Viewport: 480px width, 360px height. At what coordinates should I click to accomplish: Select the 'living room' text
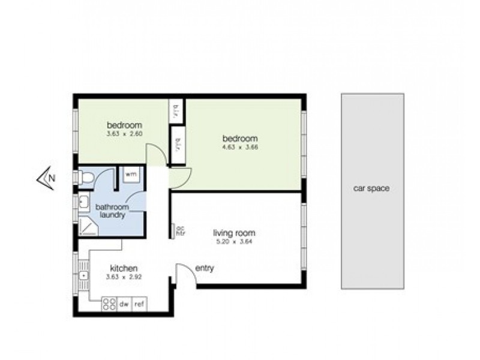235,233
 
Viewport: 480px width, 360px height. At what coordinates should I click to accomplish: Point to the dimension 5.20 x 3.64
235,241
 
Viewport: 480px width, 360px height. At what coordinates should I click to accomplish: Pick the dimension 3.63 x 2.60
124,134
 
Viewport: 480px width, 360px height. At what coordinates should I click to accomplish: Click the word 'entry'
205,268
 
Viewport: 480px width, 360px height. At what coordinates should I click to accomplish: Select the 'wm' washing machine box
131,174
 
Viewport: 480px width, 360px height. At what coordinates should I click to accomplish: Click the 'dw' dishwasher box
125,305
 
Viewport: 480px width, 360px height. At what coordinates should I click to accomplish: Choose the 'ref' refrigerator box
139,305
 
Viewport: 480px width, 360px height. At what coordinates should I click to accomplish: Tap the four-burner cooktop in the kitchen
109,305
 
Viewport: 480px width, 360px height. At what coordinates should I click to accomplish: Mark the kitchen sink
83,275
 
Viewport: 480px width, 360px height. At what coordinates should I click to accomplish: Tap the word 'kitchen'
124,268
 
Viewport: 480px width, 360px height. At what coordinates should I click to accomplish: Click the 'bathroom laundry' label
111,211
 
